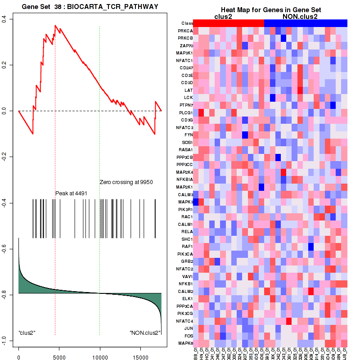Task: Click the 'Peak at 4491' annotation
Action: (71, 193)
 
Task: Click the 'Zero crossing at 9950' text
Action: (126, 182)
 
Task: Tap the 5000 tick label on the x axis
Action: (59, 351)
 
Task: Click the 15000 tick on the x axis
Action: (140, 351)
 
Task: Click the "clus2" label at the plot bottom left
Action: (27, 333)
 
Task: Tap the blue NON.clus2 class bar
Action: (306, 23)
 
